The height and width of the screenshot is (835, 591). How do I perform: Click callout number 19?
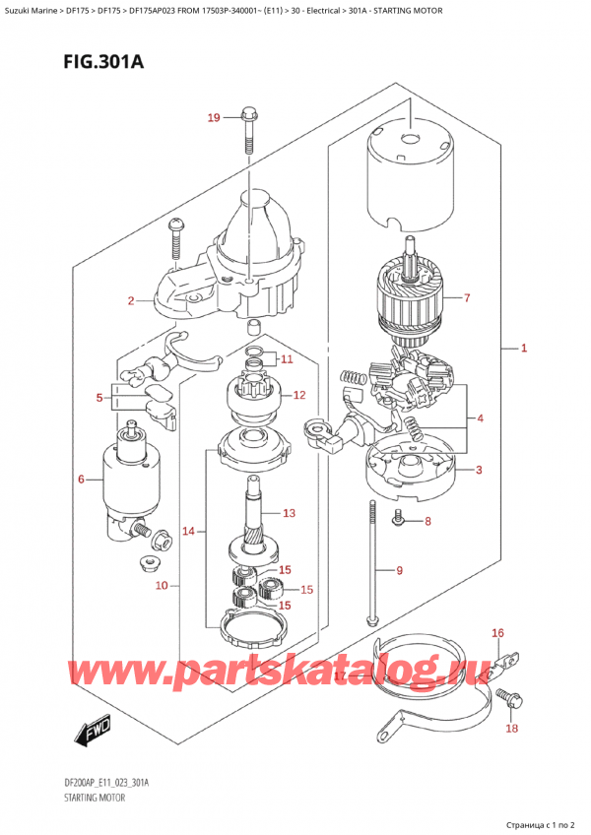pos(214,119)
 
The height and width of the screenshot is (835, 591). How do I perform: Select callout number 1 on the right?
pos(524,348)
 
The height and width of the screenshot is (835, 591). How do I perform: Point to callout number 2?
pos(130,300)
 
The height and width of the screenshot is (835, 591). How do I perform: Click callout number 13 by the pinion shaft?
pos(289,513)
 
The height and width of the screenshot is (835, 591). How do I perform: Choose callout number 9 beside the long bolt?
pos(399,569)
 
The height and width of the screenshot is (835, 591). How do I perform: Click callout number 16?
pos(497,633)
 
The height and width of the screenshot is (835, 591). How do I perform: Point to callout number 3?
pos(478,470)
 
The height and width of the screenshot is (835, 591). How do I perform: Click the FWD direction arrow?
pos(94,734)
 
